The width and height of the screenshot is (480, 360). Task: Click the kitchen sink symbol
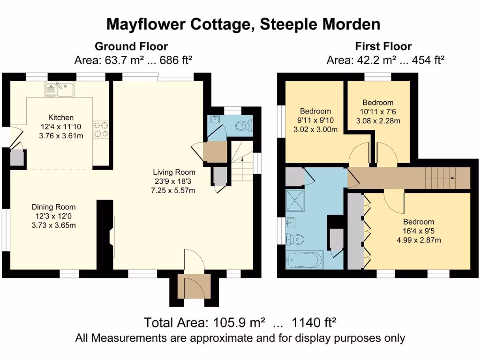click(x=59, y=89)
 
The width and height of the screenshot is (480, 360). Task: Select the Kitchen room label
click(x=61, y=117)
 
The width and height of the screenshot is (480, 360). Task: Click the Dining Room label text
click(x=53, y=207)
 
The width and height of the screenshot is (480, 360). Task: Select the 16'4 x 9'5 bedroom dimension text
click(x=419, y=231)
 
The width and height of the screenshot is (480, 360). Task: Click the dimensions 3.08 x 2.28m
click(x=378, y=121)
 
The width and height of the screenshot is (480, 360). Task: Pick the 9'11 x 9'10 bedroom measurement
click(x=315, y=120)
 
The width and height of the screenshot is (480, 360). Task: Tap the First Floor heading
click(x=383, y=46)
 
